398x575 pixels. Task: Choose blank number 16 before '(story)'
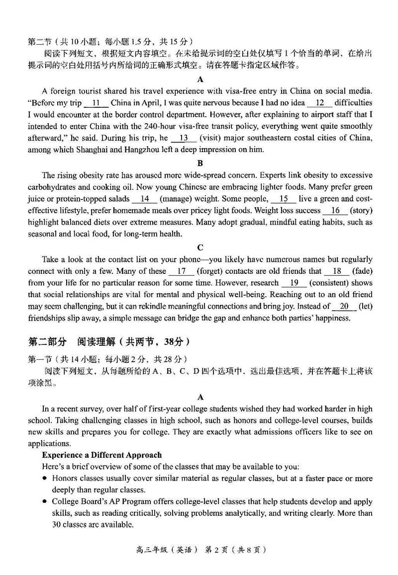335,211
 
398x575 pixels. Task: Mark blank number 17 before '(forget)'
181,271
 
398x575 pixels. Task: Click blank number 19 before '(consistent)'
294,283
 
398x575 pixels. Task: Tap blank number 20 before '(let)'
344,307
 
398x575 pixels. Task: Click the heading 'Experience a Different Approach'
101,455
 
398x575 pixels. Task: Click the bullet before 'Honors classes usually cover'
45,478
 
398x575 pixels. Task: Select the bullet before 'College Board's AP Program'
45,501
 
